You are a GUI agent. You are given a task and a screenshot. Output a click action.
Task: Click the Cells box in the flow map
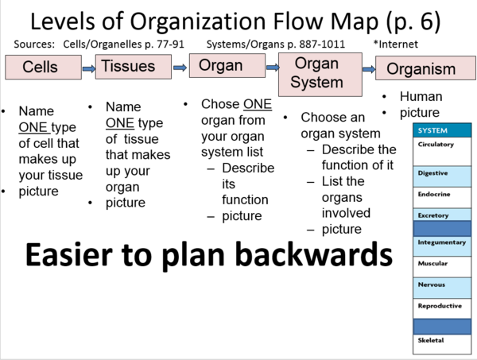click(40, 68)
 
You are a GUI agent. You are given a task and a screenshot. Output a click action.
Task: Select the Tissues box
click(127, 66)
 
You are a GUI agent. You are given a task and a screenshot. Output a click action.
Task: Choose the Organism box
click(421, 69)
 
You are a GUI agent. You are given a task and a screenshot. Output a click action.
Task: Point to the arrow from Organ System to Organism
click(369, 69)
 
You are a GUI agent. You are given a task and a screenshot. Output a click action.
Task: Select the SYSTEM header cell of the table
click(441, 130)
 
